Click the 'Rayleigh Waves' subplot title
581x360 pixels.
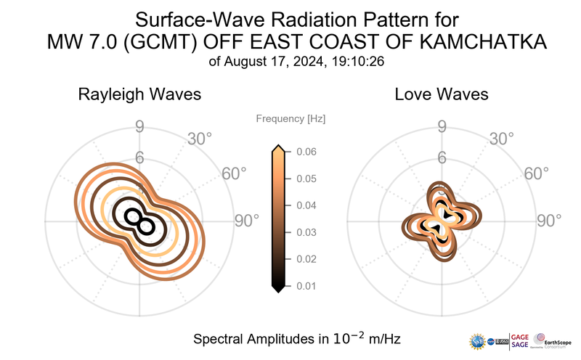[139, 94]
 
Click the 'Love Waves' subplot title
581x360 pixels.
[441, 94]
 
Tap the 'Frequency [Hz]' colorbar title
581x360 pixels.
[290, 118]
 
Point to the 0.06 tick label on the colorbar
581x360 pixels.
[305, 152]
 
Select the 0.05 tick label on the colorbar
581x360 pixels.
[305, 179]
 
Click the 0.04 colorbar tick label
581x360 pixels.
[305, 205]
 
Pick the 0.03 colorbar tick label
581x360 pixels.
[305, 232]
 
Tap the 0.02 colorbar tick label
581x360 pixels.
[305, 259]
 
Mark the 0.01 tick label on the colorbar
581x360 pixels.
[305, 286]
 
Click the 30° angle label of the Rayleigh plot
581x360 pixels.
[200, 138]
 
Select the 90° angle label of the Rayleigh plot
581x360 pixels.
[246, 221]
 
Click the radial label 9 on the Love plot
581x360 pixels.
[442, 128]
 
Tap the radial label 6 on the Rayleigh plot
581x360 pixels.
[139, 158]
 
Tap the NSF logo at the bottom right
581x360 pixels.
[477, 340]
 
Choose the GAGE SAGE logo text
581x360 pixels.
[521, 340]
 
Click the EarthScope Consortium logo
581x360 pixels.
[553, 340]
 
